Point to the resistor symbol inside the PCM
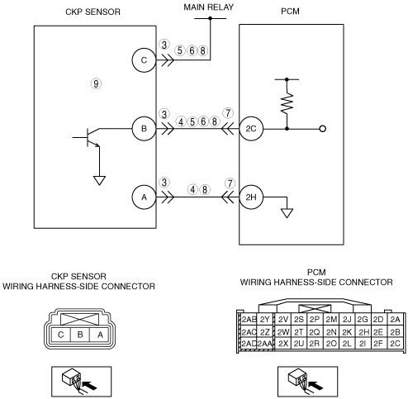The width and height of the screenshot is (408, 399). (287, 103)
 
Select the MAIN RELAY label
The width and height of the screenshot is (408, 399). (209, 7)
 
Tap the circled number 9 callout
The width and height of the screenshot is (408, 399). (96, 83)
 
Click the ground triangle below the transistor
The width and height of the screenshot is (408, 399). (99, 181)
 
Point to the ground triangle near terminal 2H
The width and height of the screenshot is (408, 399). (287, 213)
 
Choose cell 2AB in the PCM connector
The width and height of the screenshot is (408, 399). (249, 320)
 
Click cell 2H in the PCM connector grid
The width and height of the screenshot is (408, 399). (363, 332)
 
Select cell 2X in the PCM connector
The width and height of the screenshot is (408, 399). (283, 344)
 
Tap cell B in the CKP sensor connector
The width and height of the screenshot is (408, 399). (80, 335)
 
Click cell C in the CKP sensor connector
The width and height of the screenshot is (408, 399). (61, 335)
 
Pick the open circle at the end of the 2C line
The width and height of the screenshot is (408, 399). (323, 129)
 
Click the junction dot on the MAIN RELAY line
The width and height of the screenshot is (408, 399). (210, 18)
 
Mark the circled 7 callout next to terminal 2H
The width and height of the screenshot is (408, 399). (230, 183)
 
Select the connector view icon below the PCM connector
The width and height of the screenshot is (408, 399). (307, 381)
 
